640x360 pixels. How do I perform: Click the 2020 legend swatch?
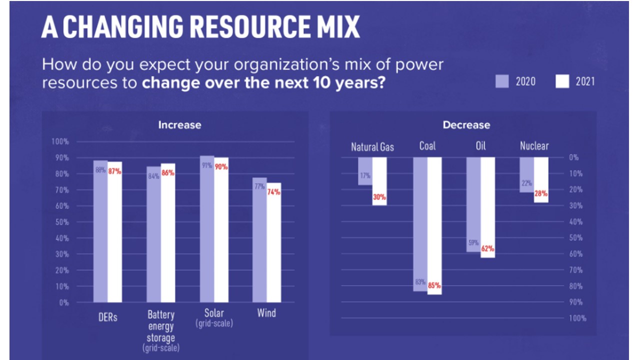(502, 81)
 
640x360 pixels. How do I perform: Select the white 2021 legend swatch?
(562, 81)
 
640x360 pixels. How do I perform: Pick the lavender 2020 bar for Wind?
(259, 240)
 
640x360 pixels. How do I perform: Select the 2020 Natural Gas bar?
(365, 171)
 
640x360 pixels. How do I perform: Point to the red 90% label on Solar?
(221, 167)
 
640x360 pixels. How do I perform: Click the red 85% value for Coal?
(434, 286)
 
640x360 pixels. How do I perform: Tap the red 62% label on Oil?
(487, 248)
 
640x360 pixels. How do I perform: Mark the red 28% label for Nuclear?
(540, 193)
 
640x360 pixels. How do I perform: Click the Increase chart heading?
(179, 125)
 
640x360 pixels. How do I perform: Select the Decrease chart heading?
(466, 125)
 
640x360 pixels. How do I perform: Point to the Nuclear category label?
(534, 146)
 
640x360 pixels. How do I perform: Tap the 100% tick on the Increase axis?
(60, 142)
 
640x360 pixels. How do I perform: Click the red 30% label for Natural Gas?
(379, 197)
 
